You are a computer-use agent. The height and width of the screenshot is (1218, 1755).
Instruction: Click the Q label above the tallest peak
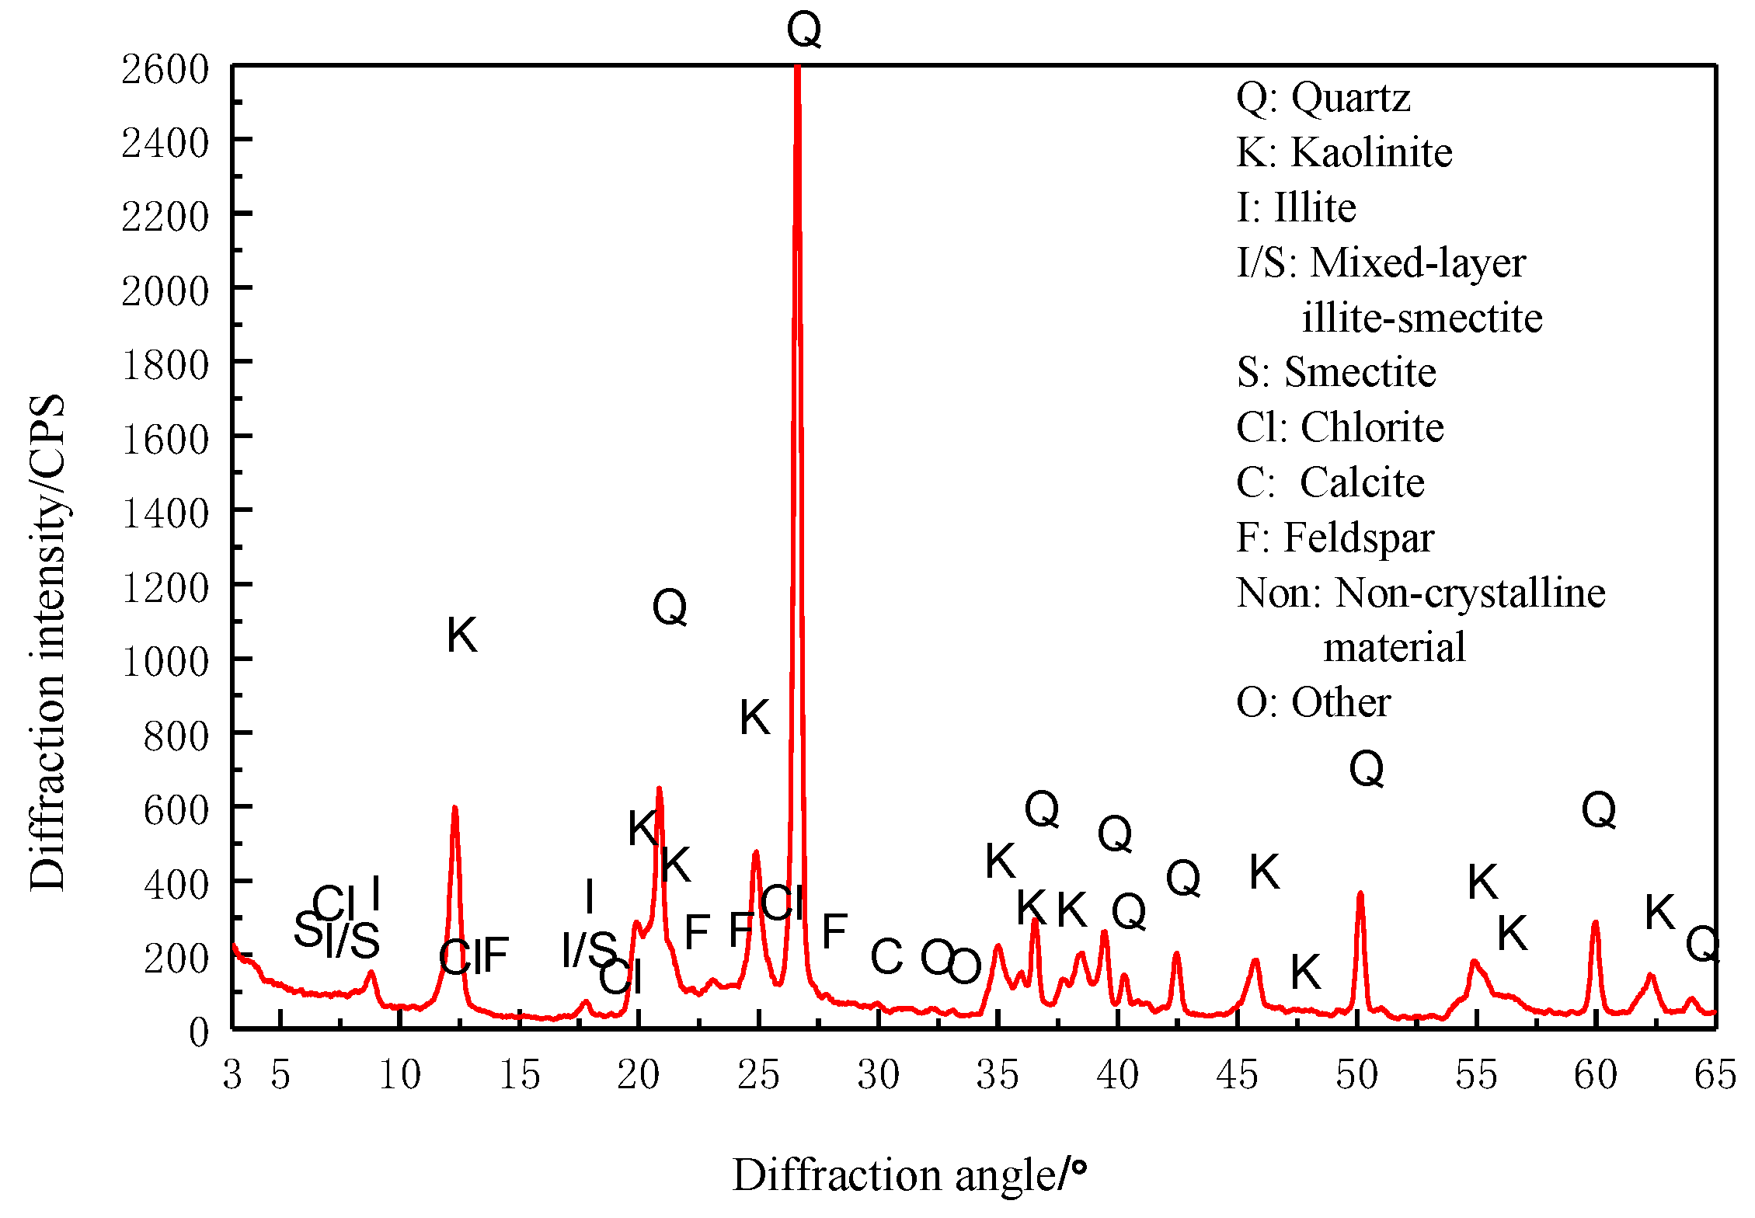[x=803, y=31]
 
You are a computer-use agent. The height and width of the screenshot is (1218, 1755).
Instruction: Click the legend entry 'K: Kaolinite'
[x=1344, y=152]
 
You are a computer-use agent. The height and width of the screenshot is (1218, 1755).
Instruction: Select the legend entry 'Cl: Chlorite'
[x=1339, y=427]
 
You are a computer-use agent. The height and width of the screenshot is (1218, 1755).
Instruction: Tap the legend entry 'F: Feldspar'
[x=1335, y=538]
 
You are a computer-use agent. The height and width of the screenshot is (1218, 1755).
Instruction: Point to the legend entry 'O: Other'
[x=1313, y=702]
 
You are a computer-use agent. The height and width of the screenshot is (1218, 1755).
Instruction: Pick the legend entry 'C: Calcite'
[x=1330, y=482]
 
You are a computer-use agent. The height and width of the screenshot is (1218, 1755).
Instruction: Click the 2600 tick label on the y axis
[x=165, y=69]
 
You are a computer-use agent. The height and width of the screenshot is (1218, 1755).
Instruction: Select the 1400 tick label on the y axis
[x=165, y=513]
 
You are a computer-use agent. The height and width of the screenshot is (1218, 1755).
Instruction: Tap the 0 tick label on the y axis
[x=199, y=1032]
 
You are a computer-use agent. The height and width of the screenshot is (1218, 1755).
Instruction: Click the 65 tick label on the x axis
[x=1715, y=1075]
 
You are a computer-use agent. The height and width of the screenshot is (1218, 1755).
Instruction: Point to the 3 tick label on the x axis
[x=232, y=1075]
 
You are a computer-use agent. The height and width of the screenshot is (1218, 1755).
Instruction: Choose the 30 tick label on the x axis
[x=878, y=1075]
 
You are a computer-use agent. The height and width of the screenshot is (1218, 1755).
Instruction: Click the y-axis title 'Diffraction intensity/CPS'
[x=47, y=643]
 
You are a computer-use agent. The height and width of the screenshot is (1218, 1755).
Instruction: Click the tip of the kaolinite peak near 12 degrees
[x=454, y=808]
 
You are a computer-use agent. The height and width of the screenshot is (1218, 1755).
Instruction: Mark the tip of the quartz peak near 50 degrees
[x=1360, y=893]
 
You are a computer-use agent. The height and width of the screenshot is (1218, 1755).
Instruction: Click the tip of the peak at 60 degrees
[x=1595, y=923]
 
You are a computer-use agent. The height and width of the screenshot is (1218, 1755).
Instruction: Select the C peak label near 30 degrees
[x=886, y=956]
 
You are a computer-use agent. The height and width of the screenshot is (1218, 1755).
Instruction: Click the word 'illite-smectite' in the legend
[x=1422, y=318]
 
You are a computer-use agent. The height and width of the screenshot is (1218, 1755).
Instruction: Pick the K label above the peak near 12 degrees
[x=461, y=635]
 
